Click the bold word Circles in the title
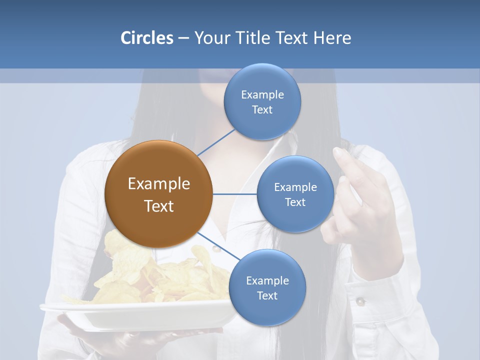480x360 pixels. [146, 38]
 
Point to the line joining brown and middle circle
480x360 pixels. [235, 194]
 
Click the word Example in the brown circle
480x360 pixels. [158, 184]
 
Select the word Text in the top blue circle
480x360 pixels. [262, 110]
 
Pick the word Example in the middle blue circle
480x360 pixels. [295, 187]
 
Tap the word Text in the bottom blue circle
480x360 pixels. [267, 295]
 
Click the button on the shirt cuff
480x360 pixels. [360, 301]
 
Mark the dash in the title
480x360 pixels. [183, 38]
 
